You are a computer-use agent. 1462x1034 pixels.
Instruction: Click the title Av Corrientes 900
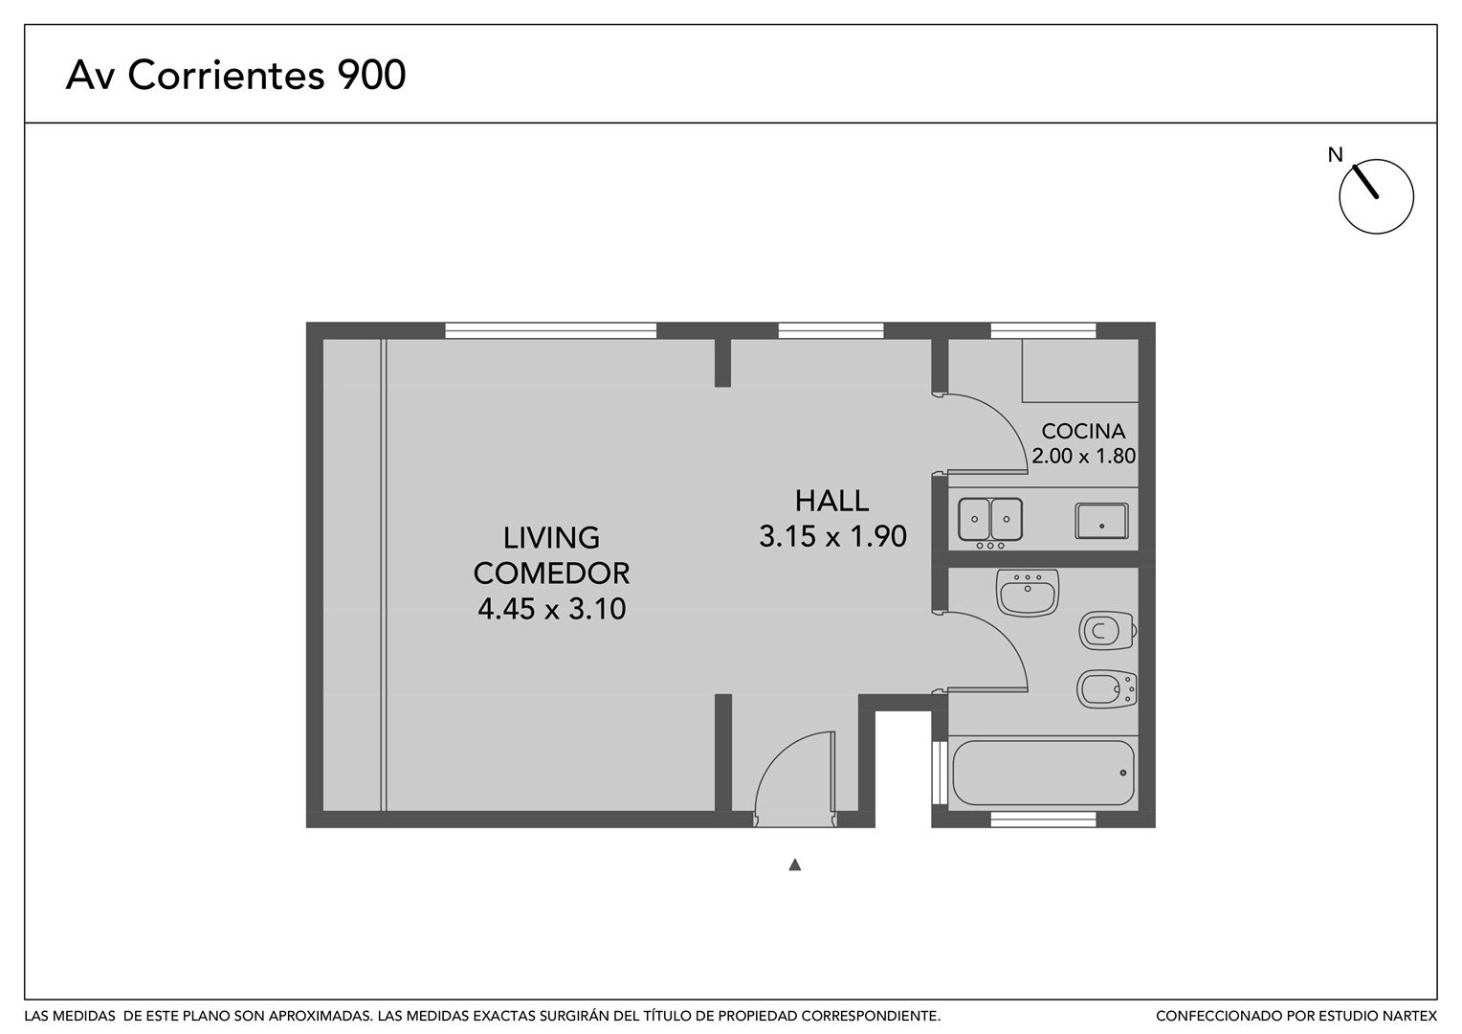pos(235,75)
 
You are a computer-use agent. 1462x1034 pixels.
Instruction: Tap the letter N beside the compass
pos(1336,155)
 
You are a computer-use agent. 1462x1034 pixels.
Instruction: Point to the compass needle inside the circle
pos(1365,181)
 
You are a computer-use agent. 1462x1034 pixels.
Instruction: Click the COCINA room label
pos(1083,431)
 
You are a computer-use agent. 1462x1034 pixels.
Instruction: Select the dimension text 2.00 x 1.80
pos(1083,456)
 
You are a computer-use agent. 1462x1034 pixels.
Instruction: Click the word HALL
pos(831,501)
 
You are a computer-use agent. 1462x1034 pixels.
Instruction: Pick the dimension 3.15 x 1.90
pos(832,536)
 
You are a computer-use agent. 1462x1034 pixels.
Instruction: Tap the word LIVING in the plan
pos(551,538)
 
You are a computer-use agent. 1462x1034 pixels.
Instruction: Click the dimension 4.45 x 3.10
pos(551,609)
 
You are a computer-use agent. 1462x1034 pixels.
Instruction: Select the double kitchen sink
pos(990,520)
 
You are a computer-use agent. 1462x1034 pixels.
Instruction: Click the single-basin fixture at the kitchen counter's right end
pos(1101,521)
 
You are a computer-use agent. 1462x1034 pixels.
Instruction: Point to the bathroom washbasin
pos(1028,593)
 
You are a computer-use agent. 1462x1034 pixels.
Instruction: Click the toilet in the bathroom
pos(1108,631)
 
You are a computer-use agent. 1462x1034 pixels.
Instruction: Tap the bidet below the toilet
pos(1107,689)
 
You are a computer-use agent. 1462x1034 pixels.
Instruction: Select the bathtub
pos(1043,773)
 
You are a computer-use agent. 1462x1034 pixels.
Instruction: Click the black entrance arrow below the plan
pos(794,865)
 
